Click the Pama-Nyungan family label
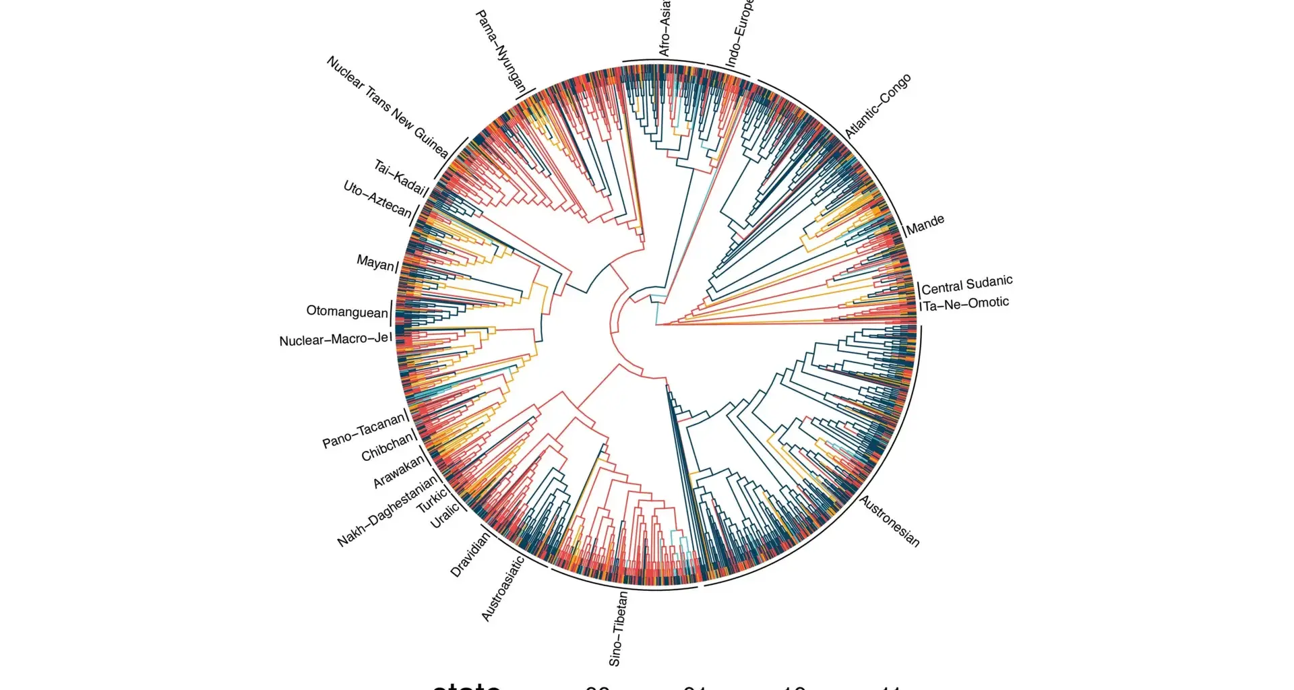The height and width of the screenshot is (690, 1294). [x=501, y=51]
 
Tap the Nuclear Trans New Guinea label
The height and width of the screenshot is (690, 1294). [x=388, y=106]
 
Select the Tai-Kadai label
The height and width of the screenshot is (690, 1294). [x=399, y=177]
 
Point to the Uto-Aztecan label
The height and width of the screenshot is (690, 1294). [x=377, y=199]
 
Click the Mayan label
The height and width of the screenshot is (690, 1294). [x=375, y=262]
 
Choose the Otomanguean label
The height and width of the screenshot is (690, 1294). [x=347, y=311]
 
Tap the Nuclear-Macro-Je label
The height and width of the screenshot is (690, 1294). [x=334, y=340]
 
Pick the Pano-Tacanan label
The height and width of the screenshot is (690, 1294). [x=363, y=431]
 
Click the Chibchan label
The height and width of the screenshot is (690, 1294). [x=387, y=447]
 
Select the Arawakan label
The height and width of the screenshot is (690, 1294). [x=399, y=470]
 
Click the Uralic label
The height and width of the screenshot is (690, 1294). [x=445, y=515]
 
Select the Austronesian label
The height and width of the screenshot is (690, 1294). [x=890, y=521]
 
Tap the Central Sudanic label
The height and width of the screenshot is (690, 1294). [x=966, y=285]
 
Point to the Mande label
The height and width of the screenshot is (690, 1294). [x=925, y=225]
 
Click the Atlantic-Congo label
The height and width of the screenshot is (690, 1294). [x=877, y=106]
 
